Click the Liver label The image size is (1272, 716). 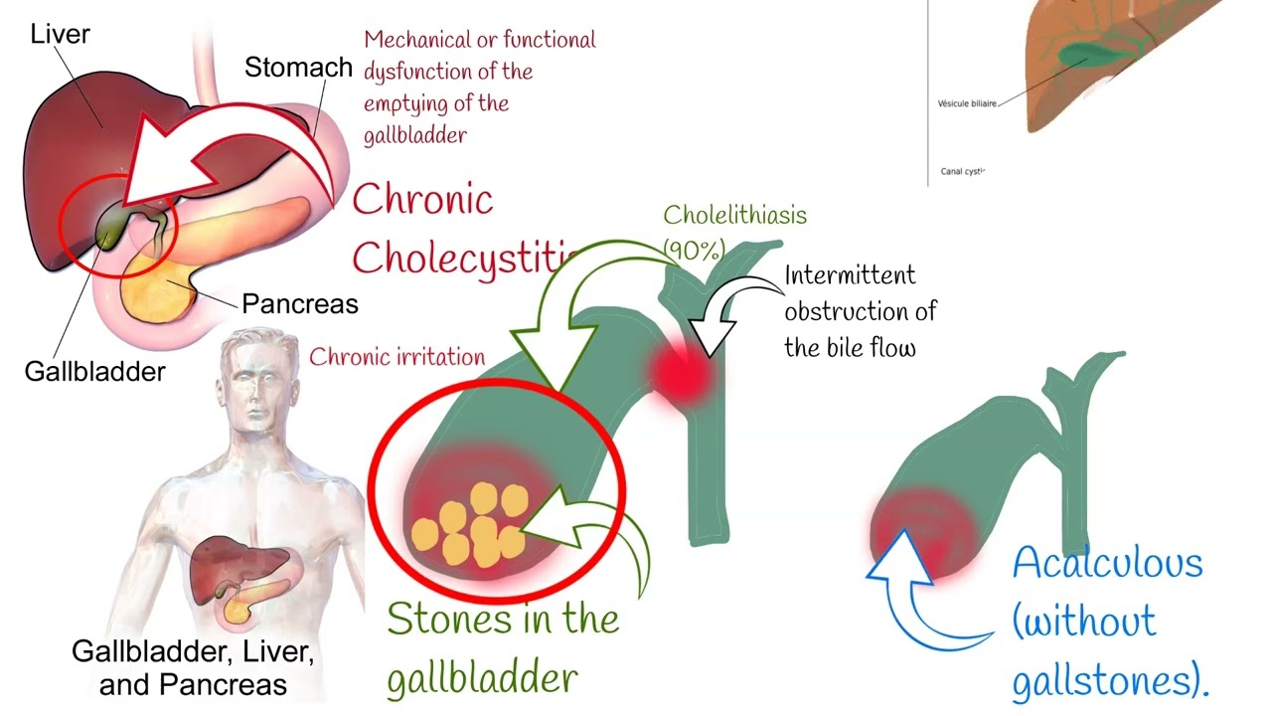click(x=60, y=34)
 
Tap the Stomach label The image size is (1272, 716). click(x=298, y=68)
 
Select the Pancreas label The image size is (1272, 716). click(x=299, y=303)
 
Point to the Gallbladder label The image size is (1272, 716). click(x=94, y=372)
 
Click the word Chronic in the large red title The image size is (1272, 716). click(x=422, y=200)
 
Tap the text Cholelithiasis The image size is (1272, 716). click(x=734, y=215)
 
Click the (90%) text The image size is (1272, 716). click(x=693, y=250)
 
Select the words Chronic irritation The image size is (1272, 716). click(x=397, y=357)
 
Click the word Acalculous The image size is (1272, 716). click(x=1107, y=564)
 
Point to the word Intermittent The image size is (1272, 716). click(x=850, y=274)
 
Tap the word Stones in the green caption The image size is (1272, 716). click(x=443, y=620)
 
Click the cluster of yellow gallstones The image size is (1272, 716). click(x=467, y=524)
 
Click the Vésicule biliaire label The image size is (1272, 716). click(x=967, y=102)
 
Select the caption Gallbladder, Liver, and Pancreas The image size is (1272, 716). click(x=193, y=668)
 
